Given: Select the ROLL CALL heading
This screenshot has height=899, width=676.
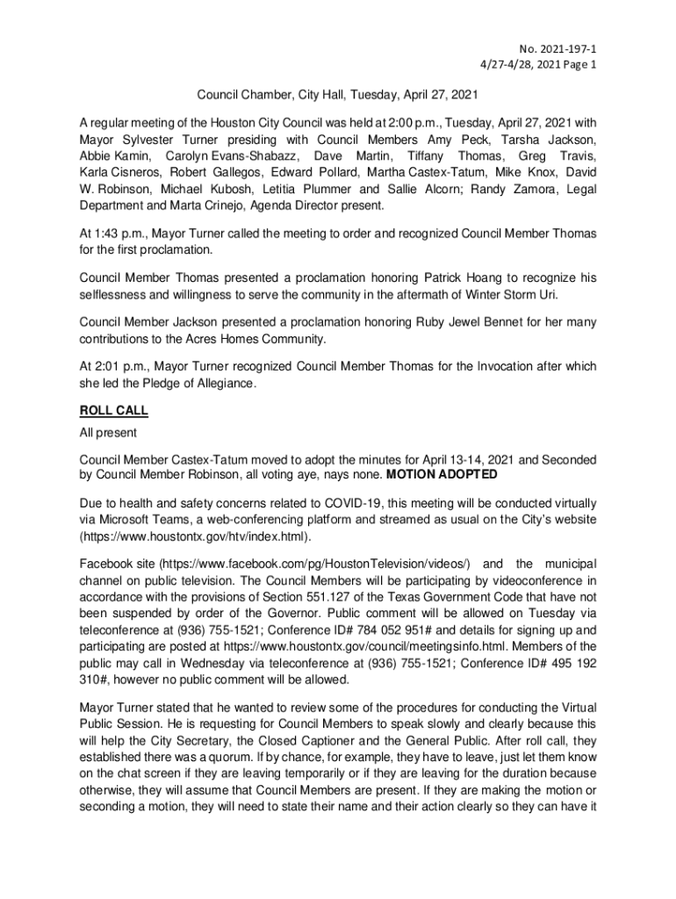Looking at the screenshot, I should [114, 410].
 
